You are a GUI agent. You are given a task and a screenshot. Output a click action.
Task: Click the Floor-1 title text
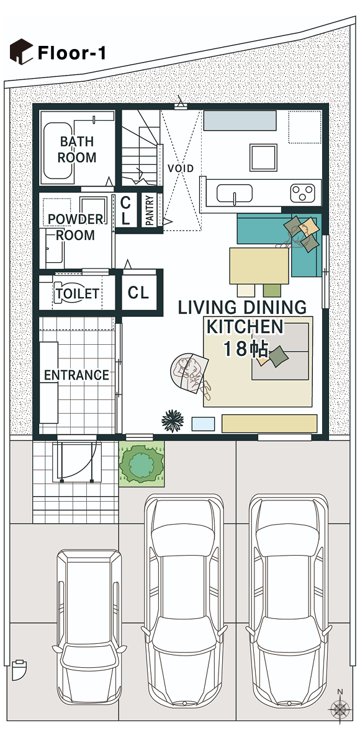click(x=71, y=53)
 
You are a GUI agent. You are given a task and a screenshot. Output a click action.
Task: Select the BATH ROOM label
click(x=77, y=150)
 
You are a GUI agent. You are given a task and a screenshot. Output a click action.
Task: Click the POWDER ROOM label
click(x=76, y=227)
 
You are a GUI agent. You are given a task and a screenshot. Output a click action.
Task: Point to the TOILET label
click(x=77, y=293)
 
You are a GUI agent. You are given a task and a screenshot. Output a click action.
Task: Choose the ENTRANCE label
click(x=76, y=375)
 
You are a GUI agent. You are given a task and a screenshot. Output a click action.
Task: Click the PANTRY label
click(x=150, y=211)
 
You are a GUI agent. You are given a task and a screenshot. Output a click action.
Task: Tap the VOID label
click(x=181, y=169)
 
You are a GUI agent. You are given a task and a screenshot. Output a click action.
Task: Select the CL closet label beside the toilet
click(x=138, y=293)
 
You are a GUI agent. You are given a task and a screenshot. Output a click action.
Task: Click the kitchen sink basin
click(x=235, y=194)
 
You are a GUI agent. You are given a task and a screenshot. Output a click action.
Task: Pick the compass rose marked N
click(x=340, y=708)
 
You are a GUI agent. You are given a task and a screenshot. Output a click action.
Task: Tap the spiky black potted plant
click(x=173, y=420)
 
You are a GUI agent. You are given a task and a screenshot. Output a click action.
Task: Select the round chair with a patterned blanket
click(x=189, y=373)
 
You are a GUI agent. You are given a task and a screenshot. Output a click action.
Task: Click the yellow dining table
click(x=259, y=265)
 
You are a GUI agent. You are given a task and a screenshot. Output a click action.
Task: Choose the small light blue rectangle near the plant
click(x=203, y=424)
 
